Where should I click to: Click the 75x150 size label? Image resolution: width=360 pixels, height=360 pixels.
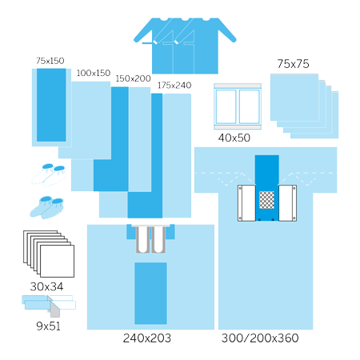click(50, 61)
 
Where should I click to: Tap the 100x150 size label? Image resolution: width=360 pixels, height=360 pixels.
click(94, 73)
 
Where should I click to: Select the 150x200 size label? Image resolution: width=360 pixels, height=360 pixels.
click(133, 78)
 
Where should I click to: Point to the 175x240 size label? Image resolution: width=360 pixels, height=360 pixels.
click(174, 86)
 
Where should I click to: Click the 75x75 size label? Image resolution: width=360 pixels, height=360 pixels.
click(293, 64)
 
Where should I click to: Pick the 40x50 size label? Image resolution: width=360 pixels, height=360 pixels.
click(234, 138)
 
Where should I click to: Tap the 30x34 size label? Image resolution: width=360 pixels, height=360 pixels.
click(46, 286)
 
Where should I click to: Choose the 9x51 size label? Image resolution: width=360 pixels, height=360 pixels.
click(48, 326)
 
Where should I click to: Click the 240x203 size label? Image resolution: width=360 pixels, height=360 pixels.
click(147, 338)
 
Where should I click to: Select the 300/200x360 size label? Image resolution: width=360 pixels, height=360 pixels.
click(260, 338)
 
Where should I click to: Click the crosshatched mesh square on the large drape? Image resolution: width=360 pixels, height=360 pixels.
click(266, 200)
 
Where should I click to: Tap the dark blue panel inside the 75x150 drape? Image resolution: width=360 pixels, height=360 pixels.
click(51, 105)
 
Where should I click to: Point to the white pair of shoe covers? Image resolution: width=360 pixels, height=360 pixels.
click(49, 174)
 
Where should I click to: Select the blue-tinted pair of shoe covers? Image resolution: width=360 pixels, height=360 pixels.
click(47, 207)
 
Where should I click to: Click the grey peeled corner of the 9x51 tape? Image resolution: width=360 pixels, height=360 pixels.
click(54, 310)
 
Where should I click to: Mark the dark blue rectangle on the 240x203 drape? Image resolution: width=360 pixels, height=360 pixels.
click(150, 294)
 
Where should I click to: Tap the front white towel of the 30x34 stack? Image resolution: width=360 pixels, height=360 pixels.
click(57, 262)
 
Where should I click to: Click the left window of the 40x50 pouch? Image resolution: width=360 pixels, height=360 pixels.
click(226, 106)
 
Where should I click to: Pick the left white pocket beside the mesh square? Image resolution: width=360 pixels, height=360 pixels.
click(246, 203)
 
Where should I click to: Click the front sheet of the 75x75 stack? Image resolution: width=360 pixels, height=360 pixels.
click(294, 98)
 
